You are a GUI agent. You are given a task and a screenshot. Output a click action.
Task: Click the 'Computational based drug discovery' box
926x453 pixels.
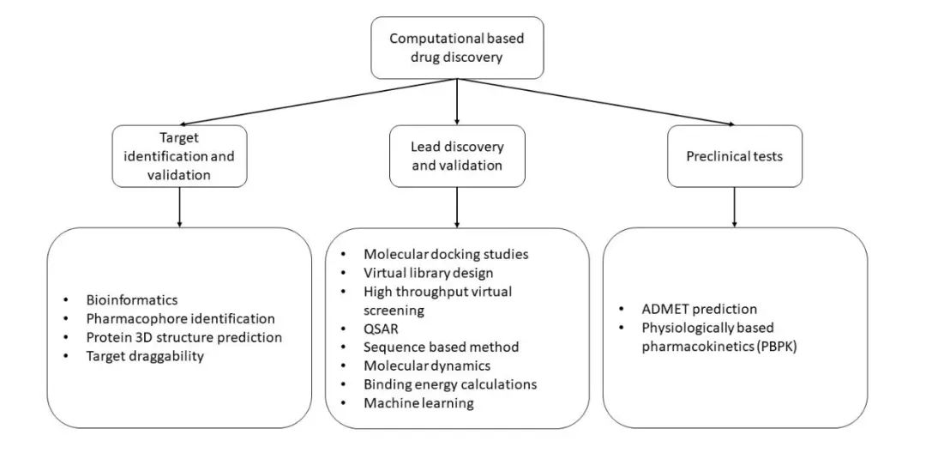(456, 48)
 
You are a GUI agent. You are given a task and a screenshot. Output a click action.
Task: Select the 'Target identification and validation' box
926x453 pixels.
(179, 156)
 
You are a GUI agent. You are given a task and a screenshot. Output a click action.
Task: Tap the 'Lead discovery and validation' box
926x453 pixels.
(457, 156)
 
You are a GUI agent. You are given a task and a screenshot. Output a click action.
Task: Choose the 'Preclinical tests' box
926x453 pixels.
(735, 156)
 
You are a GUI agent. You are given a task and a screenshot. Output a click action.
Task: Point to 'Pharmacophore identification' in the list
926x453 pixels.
(180, 319)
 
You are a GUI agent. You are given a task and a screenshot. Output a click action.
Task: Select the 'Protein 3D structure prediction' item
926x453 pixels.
(183, 338)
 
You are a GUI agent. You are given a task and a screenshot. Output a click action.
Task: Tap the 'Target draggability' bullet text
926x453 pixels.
(145, 356)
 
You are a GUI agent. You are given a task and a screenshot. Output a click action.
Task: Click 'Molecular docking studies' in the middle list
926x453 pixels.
(446, 255)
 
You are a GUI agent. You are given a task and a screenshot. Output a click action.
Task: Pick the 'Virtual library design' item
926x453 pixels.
(428, 273)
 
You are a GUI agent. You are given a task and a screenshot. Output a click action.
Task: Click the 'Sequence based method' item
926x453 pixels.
(442, 347)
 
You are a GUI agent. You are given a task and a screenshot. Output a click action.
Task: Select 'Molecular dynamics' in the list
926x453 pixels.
(427, 365)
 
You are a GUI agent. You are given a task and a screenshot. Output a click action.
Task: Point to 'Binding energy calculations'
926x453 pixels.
(450, 384)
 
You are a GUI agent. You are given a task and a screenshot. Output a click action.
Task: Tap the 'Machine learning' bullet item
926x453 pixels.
(418, 403)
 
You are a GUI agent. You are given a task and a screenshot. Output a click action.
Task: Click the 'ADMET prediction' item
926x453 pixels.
(700, 309)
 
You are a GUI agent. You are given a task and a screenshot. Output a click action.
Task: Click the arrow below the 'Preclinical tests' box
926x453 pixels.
(735, 208)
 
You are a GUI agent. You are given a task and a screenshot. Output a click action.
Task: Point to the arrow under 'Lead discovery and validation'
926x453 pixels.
(457, 208)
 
